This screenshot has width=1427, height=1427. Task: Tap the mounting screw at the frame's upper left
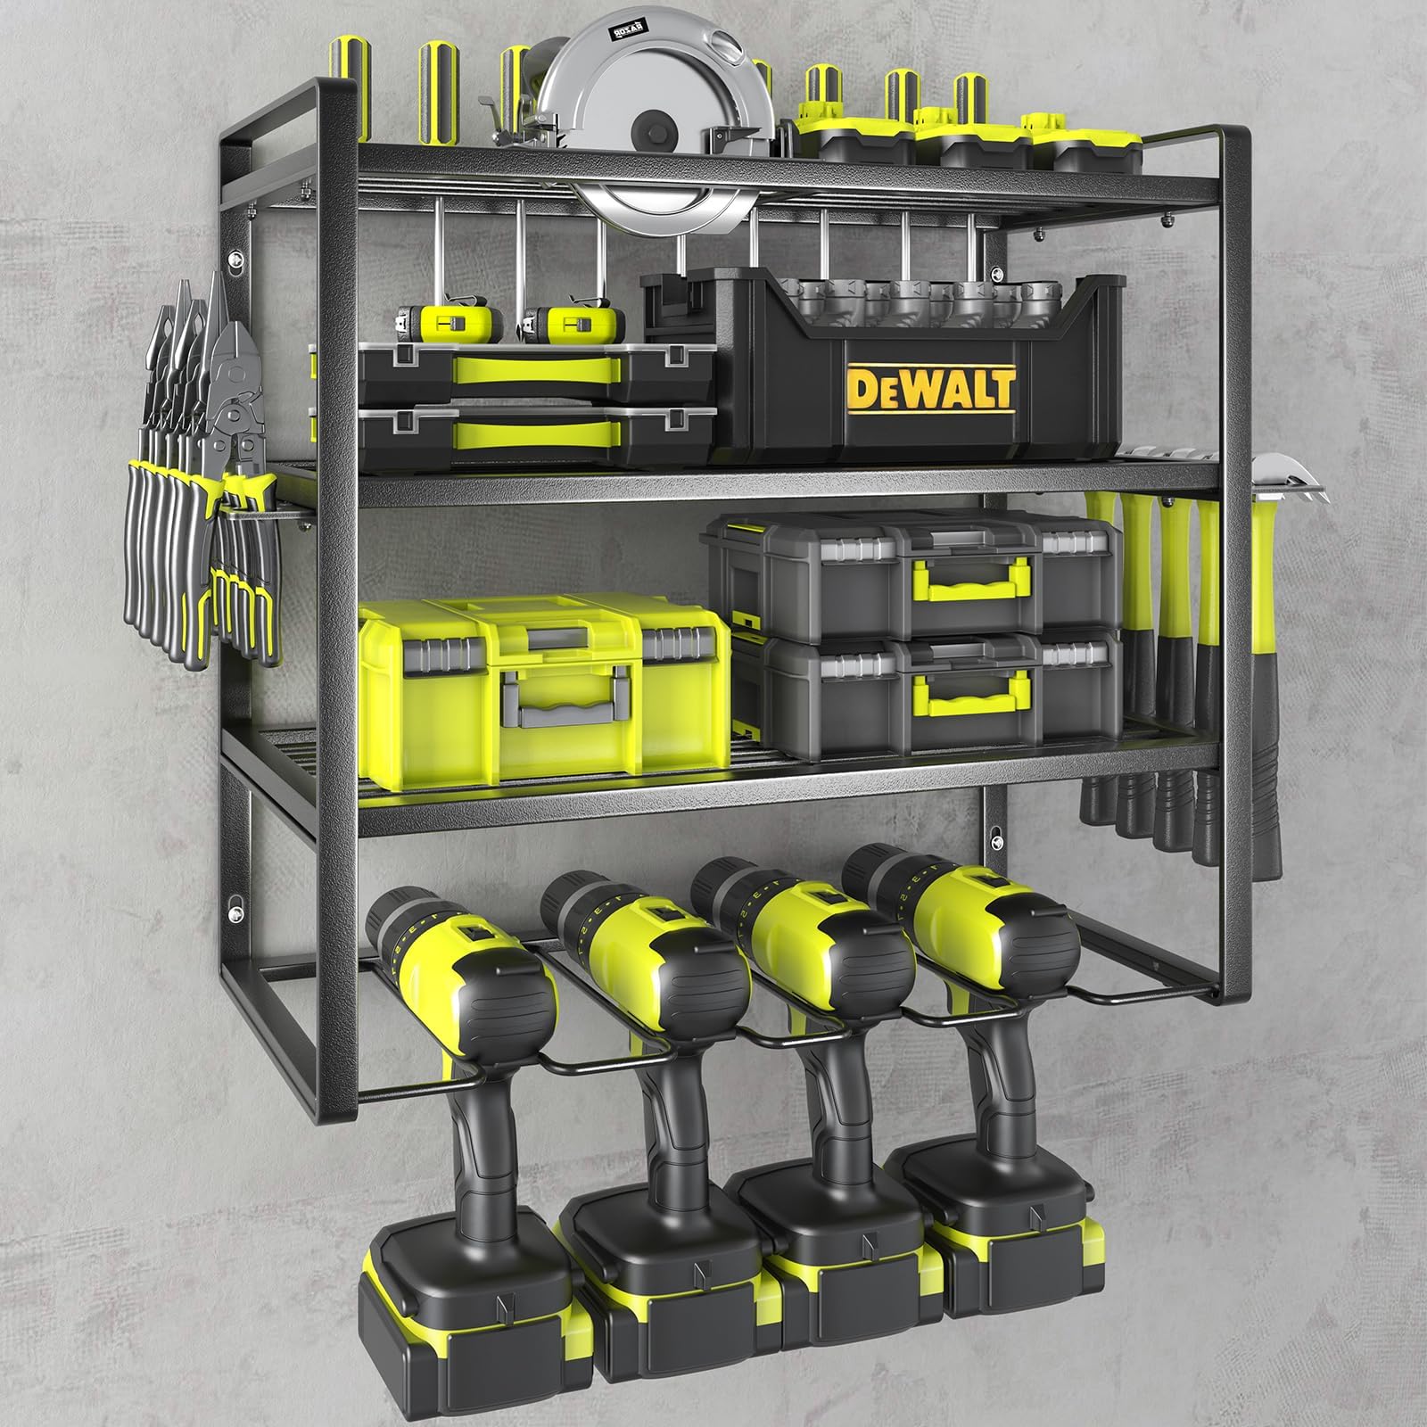235,261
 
